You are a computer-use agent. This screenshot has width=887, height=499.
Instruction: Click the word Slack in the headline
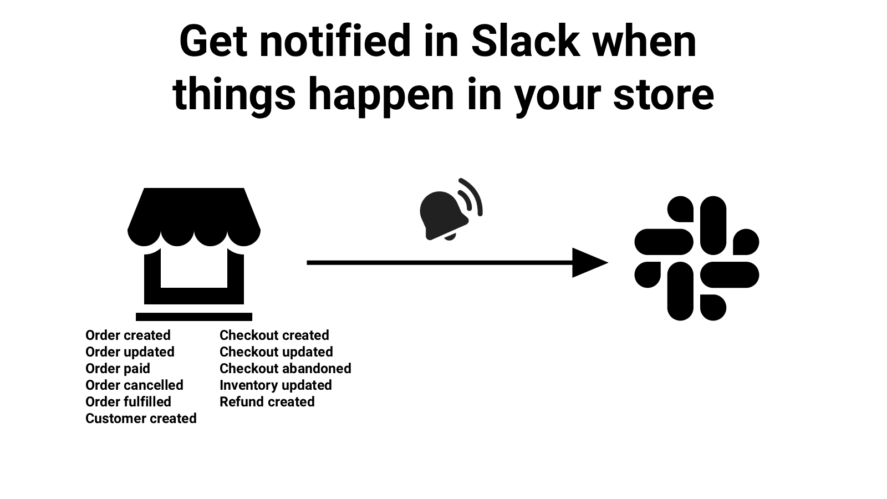pyautogui.click(x=525, y=42)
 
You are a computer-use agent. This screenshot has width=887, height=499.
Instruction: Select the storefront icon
pyautogui.click(x=194, y=247)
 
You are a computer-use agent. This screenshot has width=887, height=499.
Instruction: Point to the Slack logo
pyautogui.click(x=697, y=258)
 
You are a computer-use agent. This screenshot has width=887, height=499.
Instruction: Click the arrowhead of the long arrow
pyautogui.click(x=589, y=262)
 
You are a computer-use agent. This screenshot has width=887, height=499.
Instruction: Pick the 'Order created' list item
pyautogui.click(x=128, y=335)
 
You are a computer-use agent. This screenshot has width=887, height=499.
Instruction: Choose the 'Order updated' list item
pyautogui.click(x=130, y=352)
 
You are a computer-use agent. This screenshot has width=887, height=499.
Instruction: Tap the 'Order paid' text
pyautogui.click(x=118, y=369)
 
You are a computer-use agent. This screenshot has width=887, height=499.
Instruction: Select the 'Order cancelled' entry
pyautogui.click(x=134, y=385)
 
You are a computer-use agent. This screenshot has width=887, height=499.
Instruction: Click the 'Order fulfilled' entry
pyautogui.click(x=128, y=402)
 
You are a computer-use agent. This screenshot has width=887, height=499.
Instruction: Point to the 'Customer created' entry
pyautogui.click(x=141, y=419)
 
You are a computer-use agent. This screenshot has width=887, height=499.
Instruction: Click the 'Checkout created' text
pyautogui.click(x=274, y=335)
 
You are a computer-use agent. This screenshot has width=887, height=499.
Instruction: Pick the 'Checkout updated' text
pyautogui.click(x=276, y=352)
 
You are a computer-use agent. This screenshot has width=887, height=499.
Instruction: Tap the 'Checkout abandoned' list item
pyautogui.click(x=286, y=369)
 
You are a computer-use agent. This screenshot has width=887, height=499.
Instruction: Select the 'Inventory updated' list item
pyautogui.click(x=276, y=385)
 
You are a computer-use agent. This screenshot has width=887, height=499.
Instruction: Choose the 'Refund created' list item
pyautogui.click(x=267, y=402)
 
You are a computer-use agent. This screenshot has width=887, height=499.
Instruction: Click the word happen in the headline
pyautogui.click(x=381, y=94)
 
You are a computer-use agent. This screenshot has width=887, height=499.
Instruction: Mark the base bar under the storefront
pyautogui.click(x=194, y=317)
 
